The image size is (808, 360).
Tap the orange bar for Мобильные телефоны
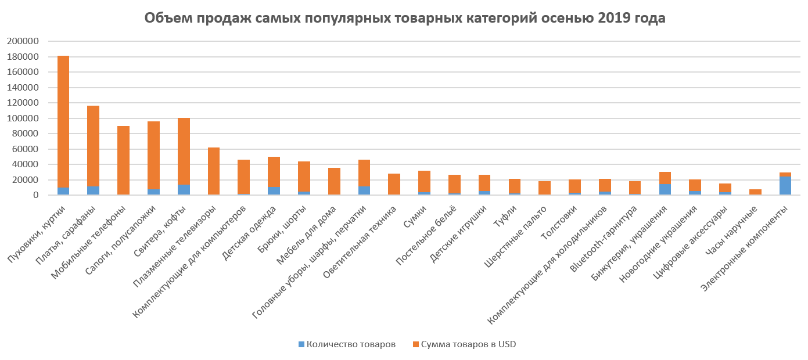(123, 160)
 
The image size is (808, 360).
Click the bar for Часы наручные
(755, 192)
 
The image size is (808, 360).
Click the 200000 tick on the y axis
(22, 41)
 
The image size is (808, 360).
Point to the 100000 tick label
(22, 118)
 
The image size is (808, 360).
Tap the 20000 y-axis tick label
(24, 180)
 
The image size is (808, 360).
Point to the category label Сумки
(414, 222)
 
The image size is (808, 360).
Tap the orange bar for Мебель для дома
(334, 181)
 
